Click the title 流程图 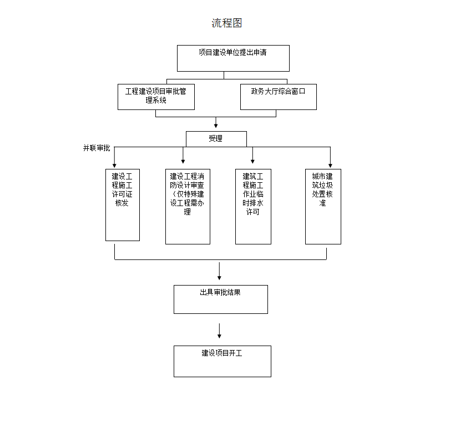pyautogui.click(x=227, y=23)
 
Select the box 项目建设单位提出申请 pyautogui.click(x=233, y=58)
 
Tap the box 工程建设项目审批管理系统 pyautogui.click(x=156, y=97)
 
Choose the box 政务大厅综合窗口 pyautogui.click(x=278, y=97)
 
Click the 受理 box pyautogui.click(x=216, y=139)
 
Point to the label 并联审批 pyautogui.click(x=97, y=148)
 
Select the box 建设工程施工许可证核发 pyautogui.click(x=122, y=205)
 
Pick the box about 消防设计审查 pyautogui.click(x=188, y=207)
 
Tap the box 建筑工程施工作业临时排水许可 pyautogui.click(x=253, y=207)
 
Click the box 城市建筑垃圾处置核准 pyautogui.click(x=323, y=207)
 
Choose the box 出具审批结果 pyautogui.click(x=220, y=299)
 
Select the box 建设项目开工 pyautogui.click(x=222, y=361)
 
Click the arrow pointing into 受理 pyautogui.click(x=216, y=124)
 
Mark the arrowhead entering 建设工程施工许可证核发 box pyautogui.click(x=115, y=165)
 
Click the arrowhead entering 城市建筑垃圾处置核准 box pyautogui.click(x=330, y=165)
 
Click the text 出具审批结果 pyautogui.click(x=220, y=292)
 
